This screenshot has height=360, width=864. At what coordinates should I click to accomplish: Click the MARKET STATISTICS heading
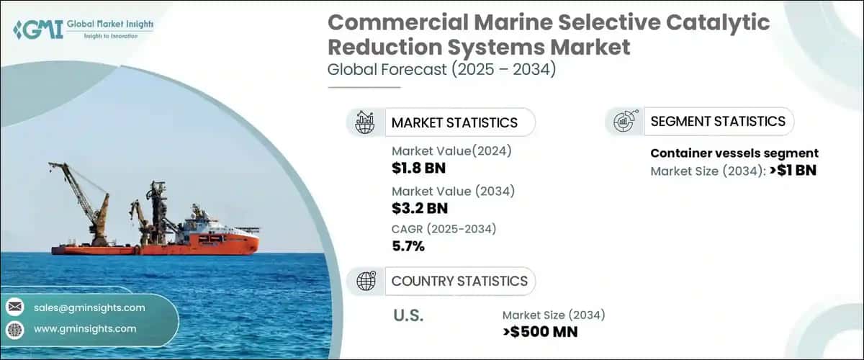(x=454, y=122)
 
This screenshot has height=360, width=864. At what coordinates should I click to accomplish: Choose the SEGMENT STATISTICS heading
(x=718, y=121)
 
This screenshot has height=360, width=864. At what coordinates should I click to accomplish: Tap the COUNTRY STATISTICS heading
(x=459, y=281)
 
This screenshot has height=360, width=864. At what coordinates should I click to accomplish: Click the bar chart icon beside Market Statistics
(x=365, y=122)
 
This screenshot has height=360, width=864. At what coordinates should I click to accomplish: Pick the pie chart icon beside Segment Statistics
(x=624, y=121)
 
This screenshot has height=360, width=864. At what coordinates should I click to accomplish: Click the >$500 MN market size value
(x=540, y=331)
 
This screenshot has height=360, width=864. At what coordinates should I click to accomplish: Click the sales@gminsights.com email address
(x=89, y=307)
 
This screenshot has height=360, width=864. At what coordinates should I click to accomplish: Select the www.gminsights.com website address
(x=85, y=328)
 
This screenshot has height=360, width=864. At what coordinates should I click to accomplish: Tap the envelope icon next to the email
(x=14, y=307)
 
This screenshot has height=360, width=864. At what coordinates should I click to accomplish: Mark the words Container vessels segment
(x=734, y=153)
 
